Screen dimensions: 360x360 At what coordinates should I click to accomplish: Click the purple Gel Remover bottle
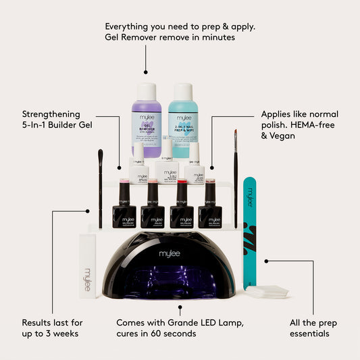pyautogui.click(x=147, y=118)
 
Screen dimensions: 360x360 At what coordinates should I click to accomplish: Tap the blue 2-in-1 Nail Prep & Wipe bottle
pyautogui.click(x=184, y=118)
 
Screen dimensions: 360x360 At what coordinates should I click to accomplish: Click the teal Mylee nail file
pyautogui.click(x=250, y=230)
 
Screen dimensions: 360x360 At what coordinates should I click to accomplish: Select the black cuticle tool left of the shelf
pyautogui.click(x=100, y=189)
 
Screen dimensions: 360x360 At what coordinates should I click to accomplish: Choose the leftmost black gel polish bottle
pyautogui.click(x=124, y=206)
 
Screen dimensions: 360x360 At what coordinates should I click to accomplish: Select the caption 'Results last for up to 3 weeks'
pyautogui.click(x=52, y=328)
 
